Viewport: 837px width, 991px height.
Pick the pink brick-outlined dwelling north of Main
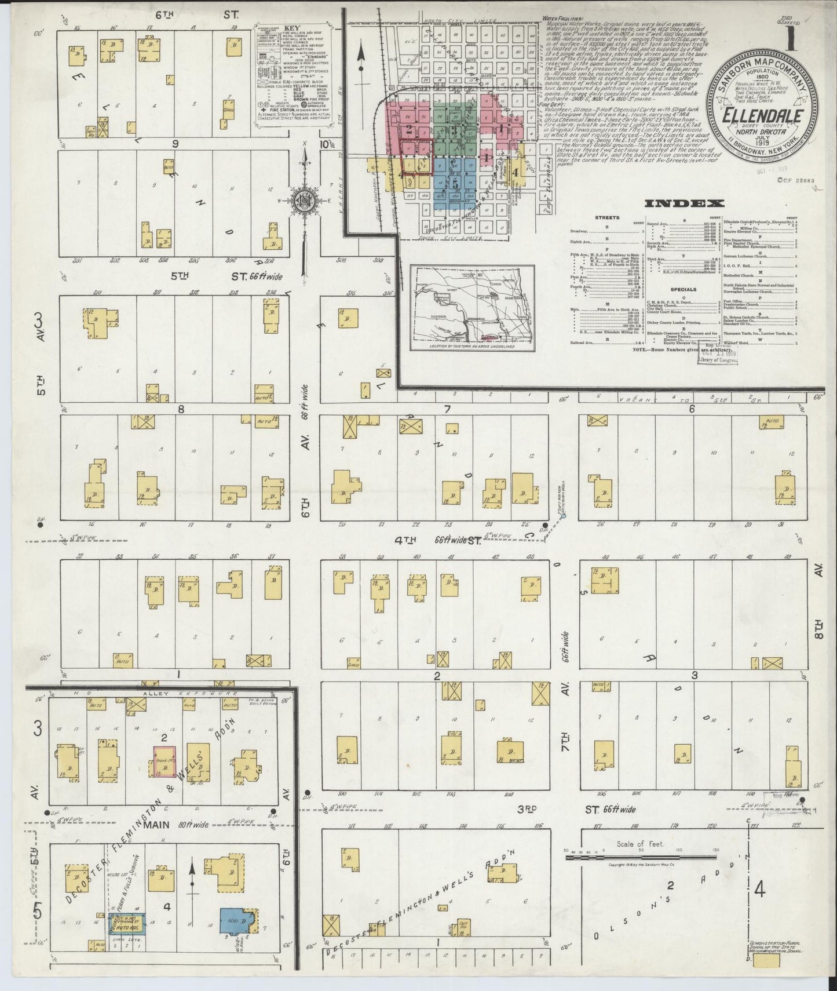165,760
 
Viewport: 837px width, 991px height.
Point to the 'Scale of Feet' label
640,844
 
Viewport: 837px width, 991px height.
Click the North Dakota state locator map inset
472,308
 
